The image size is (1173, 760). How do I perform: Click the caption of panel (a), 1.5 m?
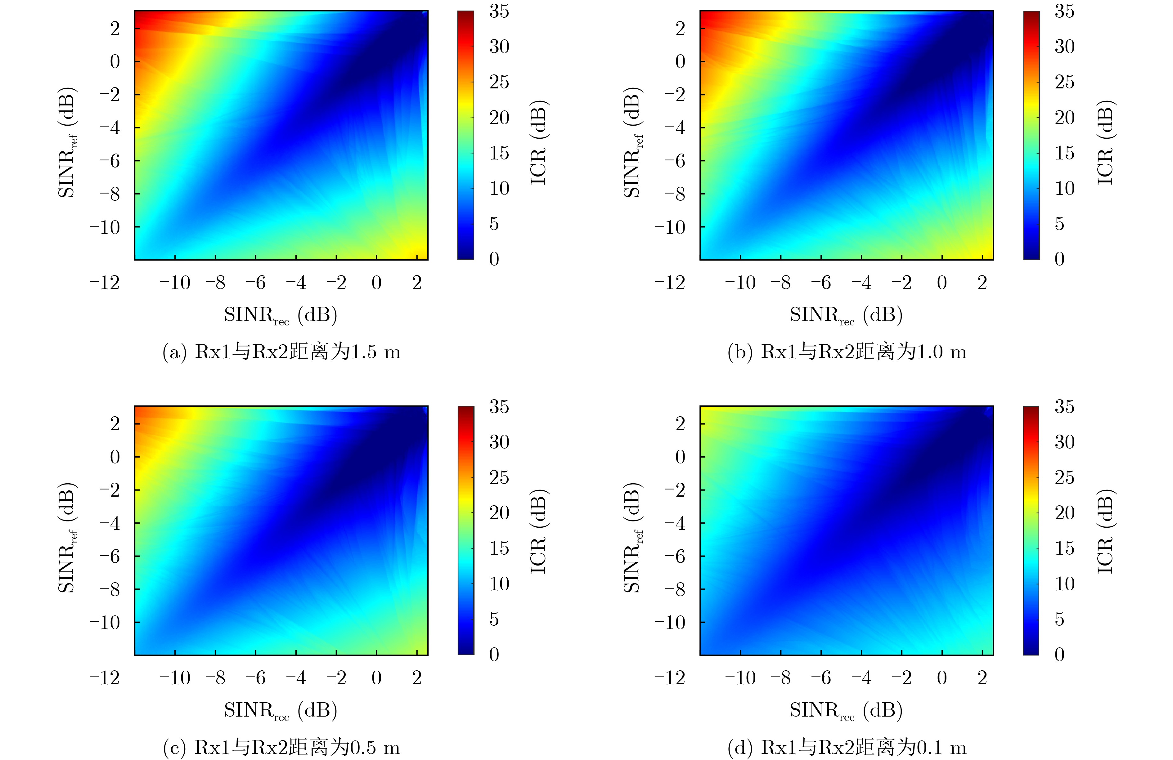coord(281,352)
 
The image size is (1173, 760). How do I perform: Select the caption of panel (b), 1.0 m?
coord(847,352)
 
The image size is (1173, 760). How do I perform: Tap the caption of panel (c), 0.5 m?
coord(281,747)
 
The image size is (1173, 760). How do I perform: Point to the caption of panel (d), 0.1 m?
coord(847,747)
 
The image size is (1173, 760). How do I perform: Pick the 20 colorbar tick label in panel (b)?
coord(1064,117)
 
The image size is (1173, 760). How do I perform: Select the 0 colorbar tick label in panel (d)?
coord(1059,654)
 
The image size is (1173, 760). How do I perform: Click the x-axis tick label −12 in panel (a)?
coord(105,283)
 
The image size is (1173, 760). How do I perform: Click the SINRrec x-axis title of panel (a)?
coord(281,315)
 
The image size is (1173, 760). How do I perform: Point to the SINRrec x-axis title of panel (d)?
coord(846,710)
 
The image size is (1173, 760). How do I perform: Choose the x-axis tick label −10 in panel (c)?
coord(175,678)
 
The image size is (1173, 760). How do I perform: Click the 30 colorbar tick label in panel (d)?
coord(1064,442)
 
